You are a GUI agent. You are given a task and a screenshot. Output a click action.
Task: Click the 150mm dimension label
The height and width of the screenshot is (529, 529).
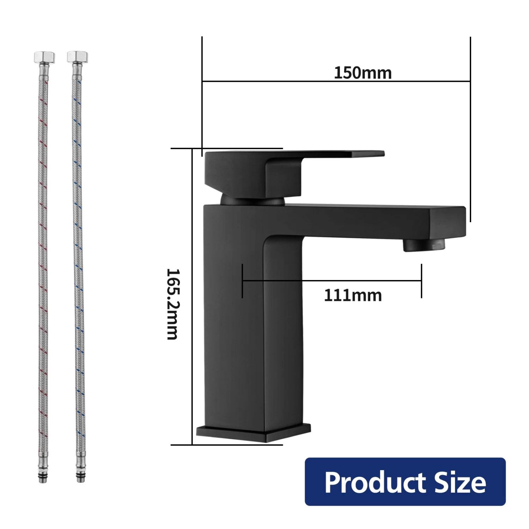363,73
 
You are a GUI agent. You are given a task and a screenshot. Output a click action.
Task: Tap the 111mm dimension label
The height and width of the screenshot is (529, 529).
353,296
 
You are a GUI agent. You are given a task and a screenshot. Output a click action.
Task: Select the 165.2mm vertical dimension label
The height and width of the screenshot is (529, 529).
173,304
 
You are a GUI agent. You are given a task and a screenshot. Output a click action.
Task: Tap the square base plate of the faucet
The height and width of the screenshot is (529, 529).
253,433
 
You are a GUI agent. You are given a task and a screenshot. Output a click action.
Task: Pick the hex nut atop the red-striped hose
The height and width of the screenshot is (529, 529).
44,57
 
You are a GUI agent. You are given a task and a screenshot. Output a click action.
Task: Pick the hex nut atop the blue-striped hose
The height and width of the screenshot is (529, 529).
77,56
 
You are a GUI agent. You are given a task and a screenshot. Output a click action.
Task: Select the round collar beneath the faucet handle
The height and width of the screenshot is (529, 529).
252,201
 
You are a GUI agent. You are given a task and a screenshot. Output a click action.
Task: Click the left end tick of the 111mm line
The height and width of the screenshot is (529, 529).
242,281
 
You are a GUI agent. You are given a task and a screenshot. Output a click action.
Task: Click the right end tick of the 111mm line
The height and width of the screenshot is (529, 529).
421,281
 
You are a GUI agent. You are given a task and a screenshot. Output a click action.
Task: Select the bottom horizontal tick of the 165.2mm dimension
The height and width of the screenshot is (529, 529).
226,445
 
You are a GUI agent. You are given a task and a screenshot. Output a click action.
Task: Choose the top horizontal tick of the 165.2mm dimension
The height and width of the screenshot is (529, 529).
226,148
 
